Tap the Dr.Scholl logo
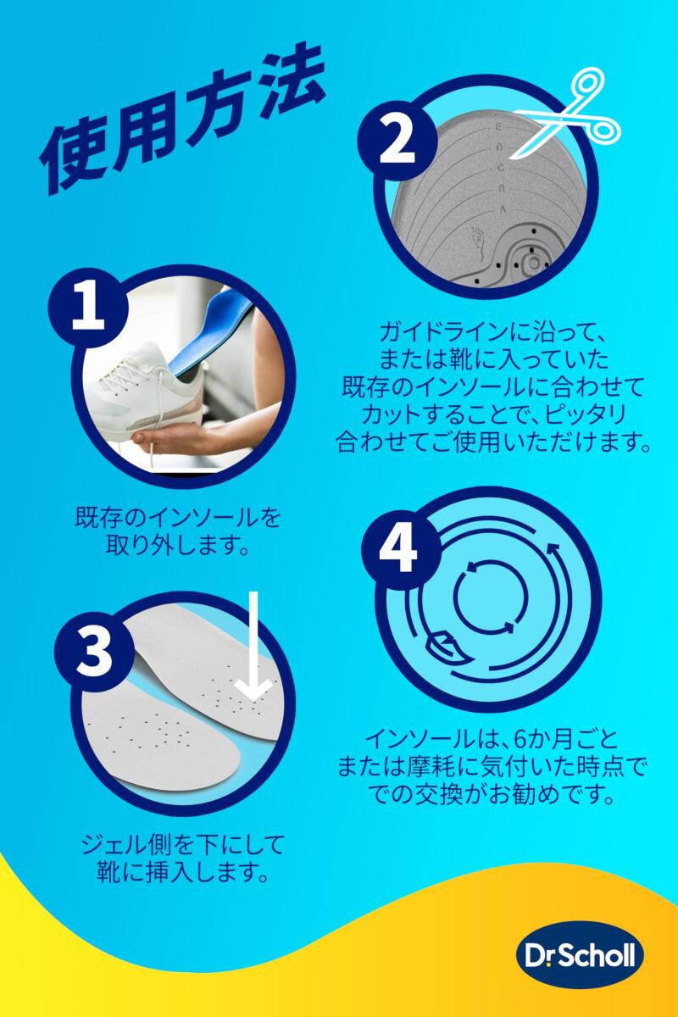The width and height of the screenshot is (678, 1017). pos(578,957)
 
